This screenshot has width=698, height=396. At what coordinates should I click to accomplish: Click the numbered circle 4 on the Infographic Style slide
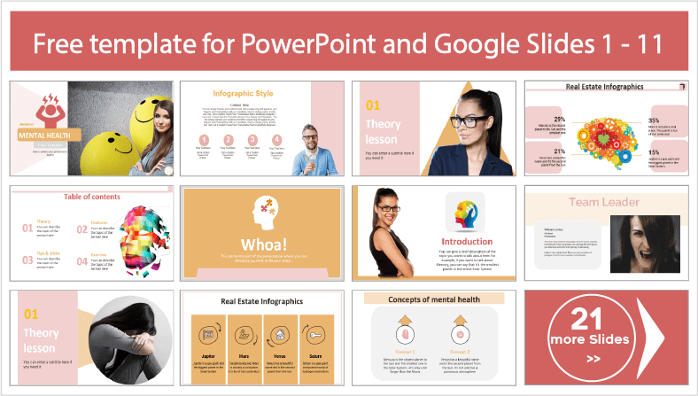coord(276,139)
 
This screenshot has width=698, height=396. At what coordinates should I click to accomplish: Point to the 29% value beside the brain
coord(560,119)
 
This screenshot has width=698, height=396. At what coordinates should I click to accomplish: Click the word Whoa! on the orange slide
coord(262,243)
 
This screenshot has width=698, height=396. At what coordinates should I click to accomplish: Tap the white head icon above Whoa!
coord(262,213)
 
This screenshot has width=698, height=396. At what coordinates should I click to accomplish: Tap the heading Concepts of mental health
coord(434,299)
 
